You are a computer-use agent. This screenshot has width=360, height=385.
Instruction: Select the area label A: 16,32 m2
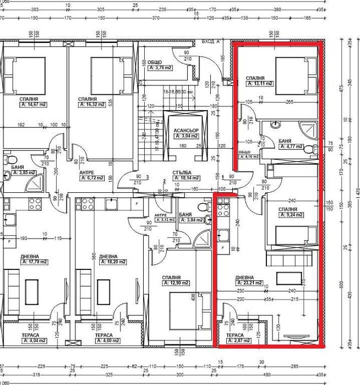pos(91,104)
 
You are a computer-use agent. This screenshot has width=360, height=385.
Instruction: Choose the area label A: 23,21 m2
pos(246,283)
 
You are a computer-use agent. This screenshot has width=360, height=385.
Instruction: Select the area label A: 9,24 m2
pos(291,215)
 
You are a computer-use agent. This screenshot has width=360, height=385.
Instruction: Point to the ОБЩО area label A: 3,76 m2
pos(160,68)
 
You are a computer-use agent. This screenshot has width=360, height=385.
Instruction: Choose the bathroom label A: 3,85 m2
pos(25,172)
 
